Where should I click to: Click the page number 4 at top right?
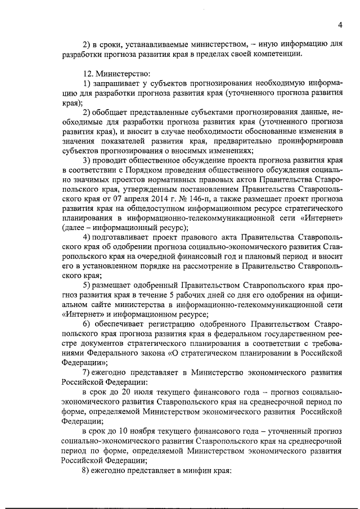[x=340, y=24]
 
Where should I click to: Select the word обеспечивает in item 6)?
[x=125, y=324]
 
